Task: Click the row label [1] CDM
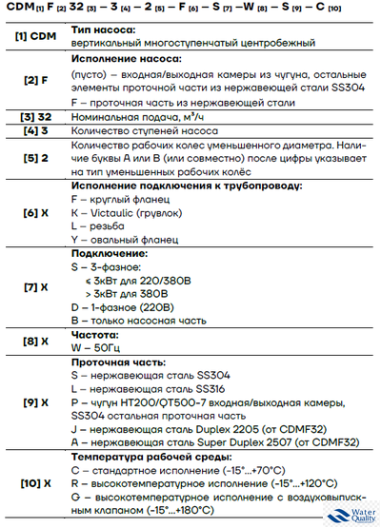coord(33,37)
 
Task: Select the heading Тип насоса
coord(103,30)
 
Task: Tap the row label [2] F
coord(33,84)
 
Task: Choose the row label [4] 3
coord(33,130)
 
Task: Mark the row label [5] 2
coord(33,158)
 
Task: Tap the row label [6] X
coord(33,213)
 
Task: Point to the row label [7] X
coord(33,286)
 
